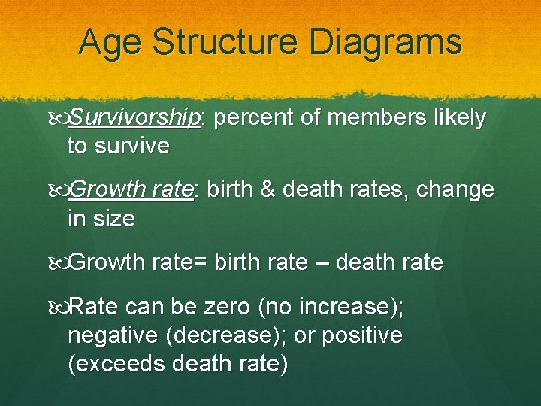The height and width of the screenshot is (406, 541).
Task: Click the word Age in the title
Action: coord(109,42)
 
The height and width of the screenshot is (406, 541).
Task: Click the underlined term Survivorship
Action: coord(134,118)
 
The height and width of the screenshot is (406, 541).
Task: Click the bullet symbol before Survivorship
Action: coord(59,119)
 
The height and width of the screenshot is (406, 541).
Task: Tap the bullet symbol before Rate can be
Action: coord(59,308)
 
